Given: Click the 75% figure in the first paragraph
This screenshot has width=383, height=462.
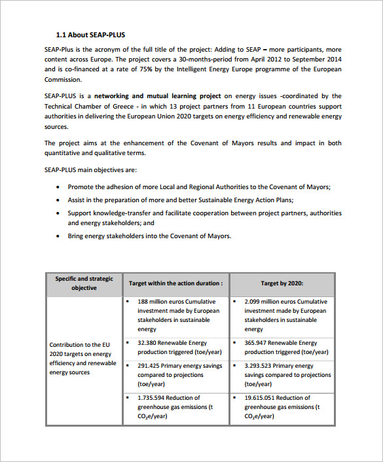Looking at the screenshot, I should (x=165, y=69).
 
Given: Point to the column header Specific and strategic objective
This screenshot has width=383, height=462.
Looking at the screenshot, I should (x=84, y=283).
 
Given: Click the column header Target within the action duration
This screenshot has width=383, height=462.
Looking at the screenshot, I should (x=175, y=283).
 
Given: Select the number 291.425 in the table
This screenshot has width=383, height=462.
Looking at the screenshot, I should (x=150, y=366).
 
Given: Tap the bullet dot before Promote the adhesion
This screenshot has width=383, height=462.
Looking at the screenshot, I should (x=58, y=187).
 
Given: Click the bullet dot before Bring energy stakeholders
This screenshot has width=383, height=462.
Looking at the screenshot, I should (x=58, y=236).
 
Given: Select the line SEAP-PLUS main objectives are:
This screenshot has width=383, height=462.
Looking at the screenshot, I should (x=90, y=170).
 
